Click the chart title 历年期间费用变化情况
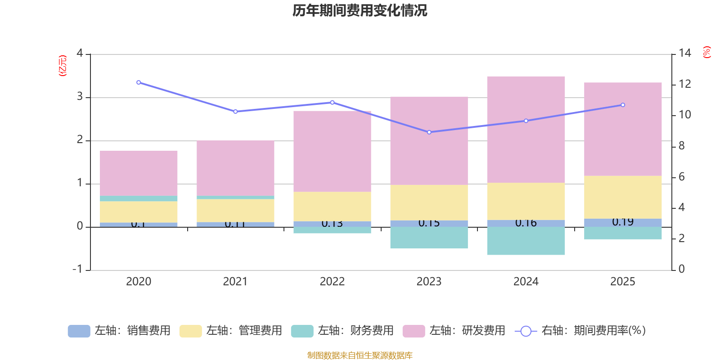tap(360, 10)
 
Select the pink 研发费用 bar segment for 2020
tap(138, 173)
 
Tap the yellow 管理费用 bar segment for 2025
tap(623, 197)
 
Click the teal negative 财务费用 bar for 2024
tap(526, 241)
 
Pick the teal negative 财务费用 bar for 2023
tap(429, 238)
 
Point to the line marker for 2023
tap(429, 132)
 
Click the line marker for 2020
tap(138, 82)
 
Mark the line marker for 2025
tap(623, 105)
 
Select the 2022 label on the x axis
tap(332, 282)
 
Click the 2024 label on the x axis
tap(526, 282)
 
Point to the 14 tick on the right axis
tap(684, 53)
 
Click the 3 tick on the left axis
tap(80, 96)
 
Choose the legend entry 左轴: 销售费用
tap(119, 331)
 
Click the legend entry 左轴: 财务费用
tap(342, 331)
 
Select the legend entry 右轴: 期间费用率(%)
tap(580, 331)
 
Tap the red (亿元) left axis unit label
tap(63, 66)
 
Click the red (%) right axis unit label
tap(706, 52)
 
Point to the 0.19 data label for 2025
tap(623, 222)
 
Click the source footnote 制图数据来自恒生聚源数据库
tap(360, 355)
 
